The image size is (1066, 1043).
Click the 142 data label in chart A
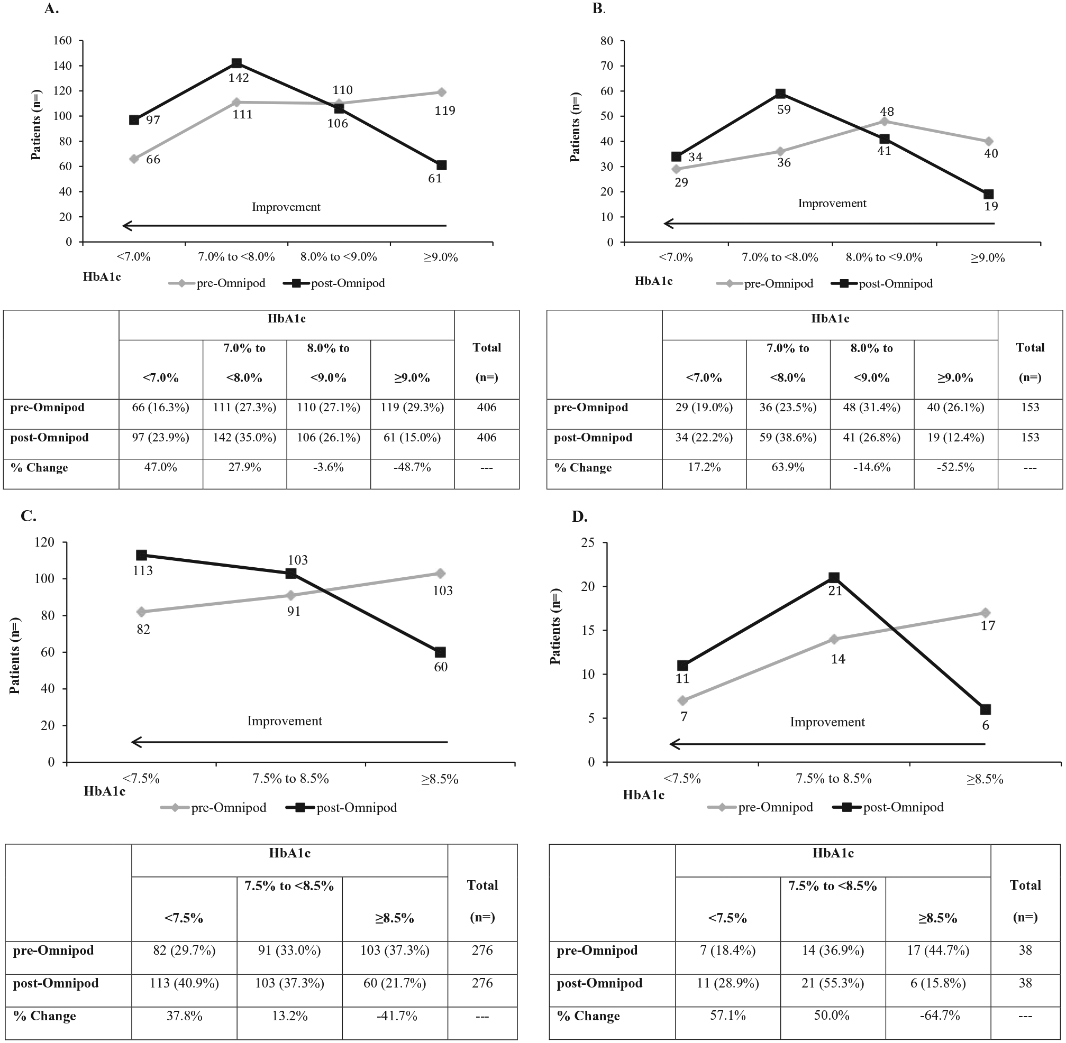tap(239, 78)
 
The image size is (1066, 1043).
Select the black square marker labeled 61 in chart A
tap(441, 165)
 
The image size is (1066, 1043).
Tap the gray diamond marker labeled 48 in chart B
tap(884, 121)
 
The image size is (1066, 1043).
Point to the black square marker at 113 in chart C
tap(141, 555)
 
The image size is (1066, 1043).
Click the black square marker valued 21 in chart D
tap(834, 577)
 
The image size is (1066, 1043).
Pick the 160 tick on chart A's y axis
tap(62, 41)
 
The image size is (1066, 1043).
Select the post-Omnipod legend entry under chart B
tap(882, 284)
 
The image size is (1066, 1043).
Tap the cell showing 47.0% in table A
tap(161, 468)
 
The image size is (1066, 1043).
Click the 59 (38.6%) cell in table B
tap(788, 438)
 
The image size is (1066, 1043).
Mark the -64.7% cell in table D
tap(940, 1016)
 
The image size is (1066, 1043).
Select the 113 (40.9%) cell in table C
tap(184, 983)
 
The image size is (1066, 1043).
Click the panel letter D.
tap(579, 516)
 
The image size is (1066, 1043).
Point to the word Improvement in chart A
tap(286, 207)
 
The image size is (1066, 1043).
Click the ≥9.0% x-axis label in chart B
tap(988, 257)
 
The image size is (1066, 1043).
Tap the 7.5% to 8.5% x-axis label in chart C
tap(290, 778)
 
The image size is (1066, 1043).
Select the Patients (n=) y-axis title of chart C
tap(15, 656)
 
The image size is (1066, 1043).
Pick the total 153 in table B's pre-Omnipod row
tap(1031, 408)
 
